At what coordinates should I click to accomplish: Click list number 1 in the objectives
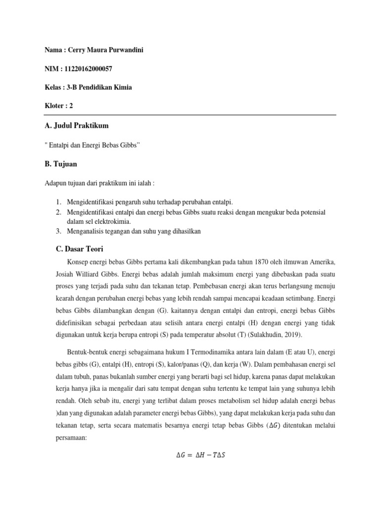pos(58,203)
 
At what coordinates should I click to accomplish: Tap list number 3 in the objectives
pos(58,231)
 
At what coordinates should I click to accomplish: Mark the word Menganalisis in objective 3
pos(86,231)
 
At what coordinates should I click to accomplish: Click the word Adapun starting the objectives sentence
pos(55,183)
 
